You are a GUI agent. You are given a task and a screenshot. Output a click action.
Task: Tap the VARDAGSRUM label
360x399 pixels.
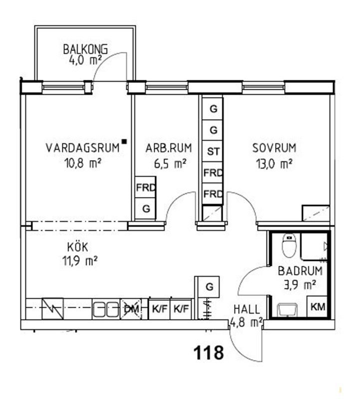click(83, 148)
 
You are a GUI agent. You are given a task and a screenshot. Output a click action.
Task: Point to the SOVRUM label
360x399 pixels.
click(274, 148)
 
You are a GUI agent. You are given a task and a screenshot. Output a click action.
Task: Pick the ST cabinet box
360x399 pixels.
click(213, 151)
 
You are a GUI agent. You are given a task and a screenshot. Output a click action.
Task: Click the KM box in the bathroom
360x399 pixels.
click(318, 307)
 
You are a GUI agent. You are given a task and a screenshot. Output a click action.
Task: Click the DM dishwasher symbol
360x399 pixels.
click(131, 309)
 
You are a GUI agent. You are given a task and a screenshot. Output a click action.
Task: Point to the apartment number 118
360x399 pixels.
click(208, 353)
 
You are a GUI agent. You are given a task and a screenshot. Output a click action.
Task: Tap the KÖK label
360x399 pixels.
click(78, 246)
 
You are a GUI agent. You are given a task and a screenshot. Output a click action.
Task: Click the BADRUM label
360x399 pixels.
click(300, 272)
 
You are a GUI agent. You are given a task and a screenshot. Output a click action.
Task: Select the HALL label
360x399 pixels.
click(246, 310)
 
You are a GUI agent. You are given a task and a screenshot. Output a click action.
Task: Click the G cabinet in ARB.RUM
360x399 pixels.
click(146, 209)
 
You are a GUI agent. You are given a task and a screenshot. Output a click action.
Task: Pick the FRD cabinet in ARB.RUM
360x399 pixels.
click(146, 188)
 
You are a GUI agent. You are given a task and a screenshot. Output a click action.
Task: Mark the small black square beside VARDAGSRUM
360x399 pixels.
click(124, 142)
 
